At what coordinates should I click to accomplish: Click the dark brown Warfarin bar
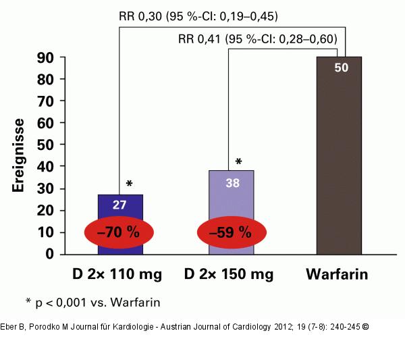click(339, 162)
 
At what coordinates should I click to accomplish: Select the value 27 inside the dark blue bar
click(120, 205)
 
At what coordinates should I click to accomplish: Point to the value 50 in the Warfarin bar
click(341, 68)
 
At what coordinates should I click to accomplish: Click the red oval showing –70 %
click(119, 232)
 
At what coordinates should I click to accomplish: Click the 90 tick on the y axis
click(45, 58)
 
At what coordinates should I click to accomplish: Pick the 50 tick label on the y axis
click(45, 145)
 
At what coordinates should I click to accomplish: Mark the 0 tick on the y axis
click(51, 254)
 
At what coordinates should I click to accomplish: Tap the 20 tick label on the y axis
click(45, 210)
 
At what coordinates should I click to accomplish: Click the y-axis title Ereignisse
click(20, 156)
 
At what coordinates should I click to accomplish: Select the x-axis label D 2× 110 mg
click(119, 275)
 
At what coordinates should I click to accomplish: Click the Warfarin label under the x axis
click(340, 275)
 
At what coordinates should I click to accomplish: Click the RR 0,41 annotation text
click(257, 38)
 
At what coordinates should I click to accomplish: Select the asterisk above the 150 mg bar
click(238, 162)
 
